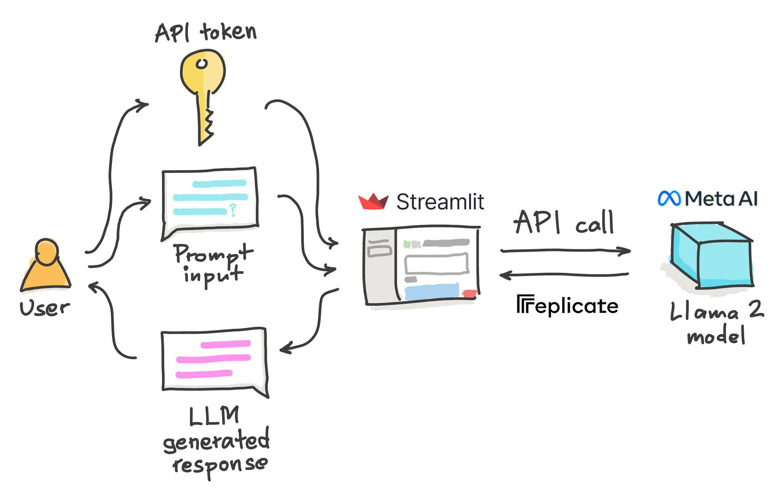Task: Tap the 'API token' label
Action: (206, 32)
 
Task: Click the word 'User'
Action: (45, 308)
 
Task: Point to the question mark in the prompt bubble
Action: (233, 210)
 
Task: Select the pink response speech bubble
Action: (214, 360)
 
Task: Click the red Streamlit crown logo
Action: (373, 201)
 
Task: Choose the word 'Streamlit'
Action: (440, 202)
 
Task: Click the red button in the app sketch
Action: (469, 293)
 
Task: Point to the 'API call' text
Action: (564, 222)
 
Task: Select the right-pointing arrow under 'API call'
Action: (565, 251)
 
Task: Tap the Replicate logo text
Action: (568, 305)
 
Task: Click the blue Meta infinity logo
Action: (669, 199)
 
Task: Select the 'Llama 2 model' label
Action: (716, 322)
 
